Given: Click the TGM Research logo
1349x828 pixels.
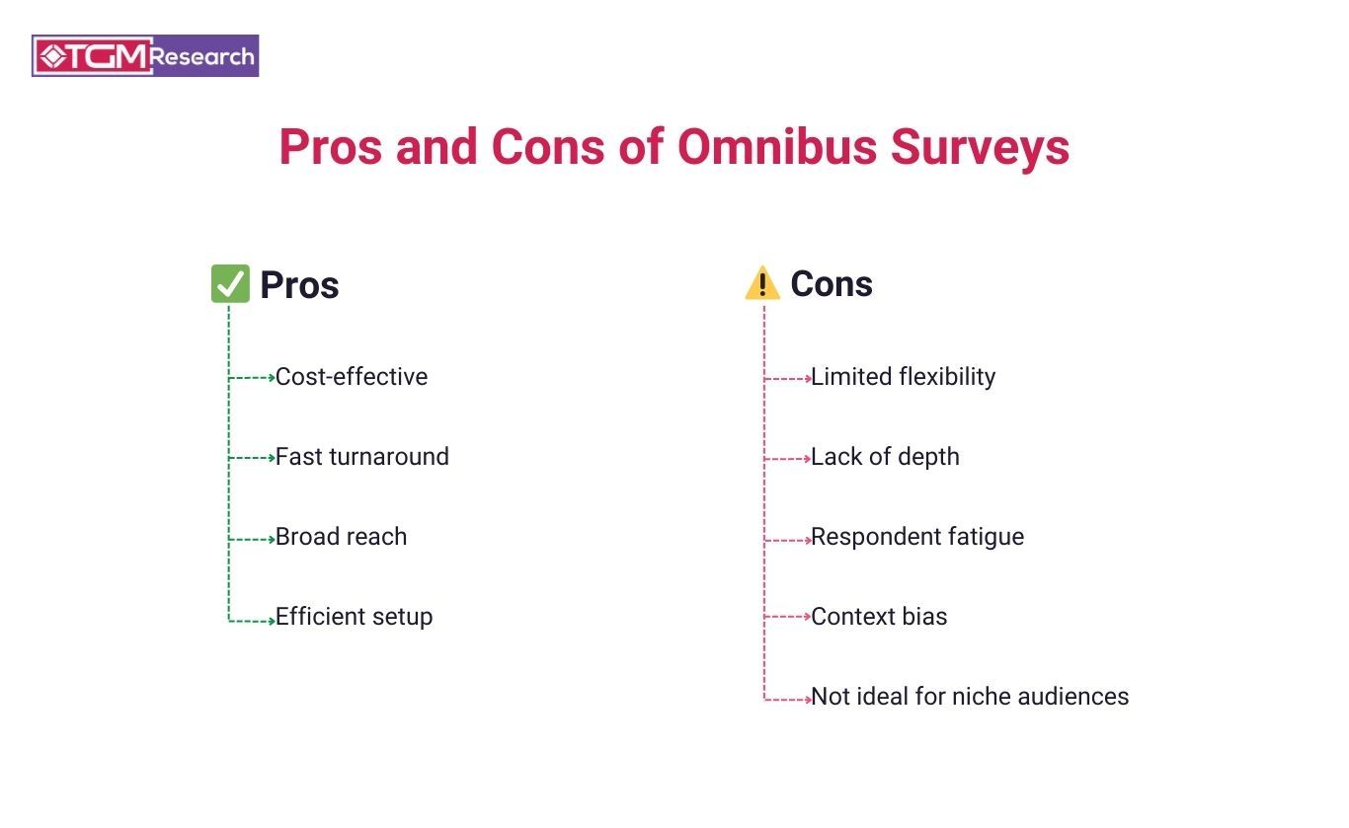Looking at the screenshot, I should pos(145,56).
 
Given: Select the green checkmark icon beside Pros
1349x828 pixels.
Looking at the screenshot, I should pos(230,284).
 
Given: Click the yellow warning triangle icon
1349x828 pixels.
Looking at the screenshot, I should pos(762,284).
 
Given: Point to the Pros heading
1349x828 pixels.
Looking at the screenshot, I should pos(299,285).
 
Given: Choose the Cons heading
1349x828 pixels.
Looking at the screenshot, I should pos(832,284).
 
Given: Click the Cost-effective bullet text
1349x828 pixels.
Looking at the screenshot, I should pos(352,377).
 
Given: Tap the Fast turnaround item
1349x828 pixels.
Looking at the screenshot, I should pos(362,457).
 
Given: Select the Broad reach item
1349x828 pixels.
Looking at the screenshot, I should pos(341,537).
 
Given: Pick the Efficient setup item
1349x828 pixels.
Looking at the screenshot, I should pos(354,617).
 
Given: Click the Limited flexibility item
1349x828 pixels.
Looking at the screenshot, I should pos(903,377).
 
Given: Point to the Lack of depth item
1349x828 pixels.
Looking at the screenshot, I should pos(885,457).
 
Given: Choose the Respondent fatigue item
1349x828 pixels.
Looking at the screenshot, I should pos(917,537).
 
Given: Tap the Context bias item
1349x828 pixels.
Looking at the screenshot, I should pos(879,617).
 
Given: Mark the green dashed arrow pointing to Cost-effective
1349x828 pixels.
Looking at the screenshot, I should pos(252,378).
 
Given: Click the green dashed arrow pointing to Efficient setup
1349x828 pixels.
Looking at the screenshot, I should pos(252,621).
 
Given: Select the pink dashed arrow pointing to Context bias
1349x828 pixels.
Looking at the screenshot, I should pos(787,617).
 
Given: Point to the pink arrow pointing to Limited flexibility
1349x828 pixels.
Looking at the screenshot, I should pos(787,378).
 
